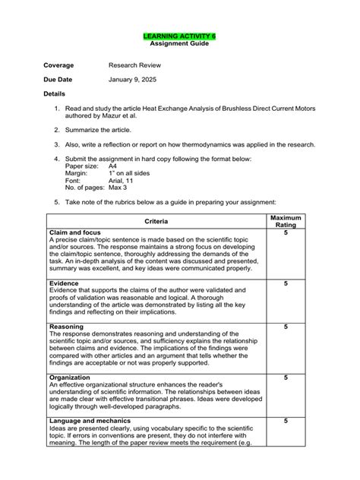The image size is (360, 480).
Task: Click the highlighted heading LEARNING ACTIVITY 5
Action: [x=180, y=36]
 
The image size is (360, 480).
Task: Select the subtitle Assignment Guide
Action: [x=180, y=44]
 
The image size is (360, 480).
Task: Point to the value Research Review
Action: [x=134, y=65]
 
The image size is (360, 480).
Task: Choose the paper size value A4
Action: [x=113, y=166]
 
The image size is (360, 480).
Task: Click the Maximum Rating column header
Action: [x=286, y=220]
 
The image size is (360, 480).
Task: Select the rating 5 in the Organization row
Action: [x=286, y=377]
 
